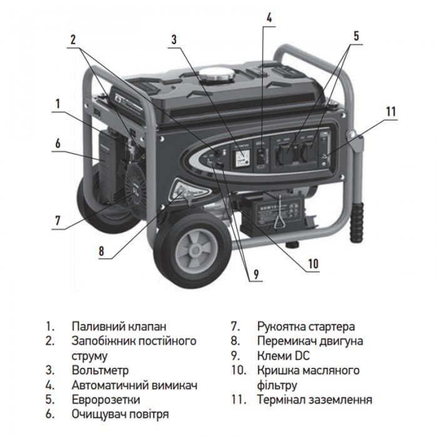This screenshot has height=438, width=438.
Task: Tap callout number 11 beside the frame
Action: click(391, 112)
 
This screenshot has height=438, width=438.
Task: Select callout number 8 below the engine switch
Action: click(101, 253)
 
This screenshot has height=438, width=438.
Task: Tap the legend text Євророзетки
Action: click(106, 399)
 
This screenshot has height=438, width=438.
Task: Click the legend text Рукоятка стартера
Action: click(305, 327)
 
